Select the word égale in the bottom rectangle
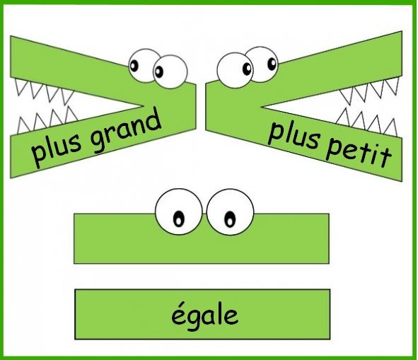204,316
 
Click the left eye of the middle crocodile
179,212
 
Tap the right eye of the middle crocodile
230,212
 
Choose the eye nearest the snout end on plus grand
170,71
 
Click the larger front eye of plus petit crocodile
235,70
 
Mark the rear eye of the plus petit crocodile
262,64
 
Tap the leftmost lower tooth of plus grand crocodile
23,125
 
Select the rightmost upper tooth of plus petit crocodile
393,83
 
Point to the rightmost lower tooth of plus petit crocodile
391,128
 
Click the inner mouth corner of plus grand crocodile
143,106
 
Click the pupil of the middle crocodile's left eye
179,219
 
